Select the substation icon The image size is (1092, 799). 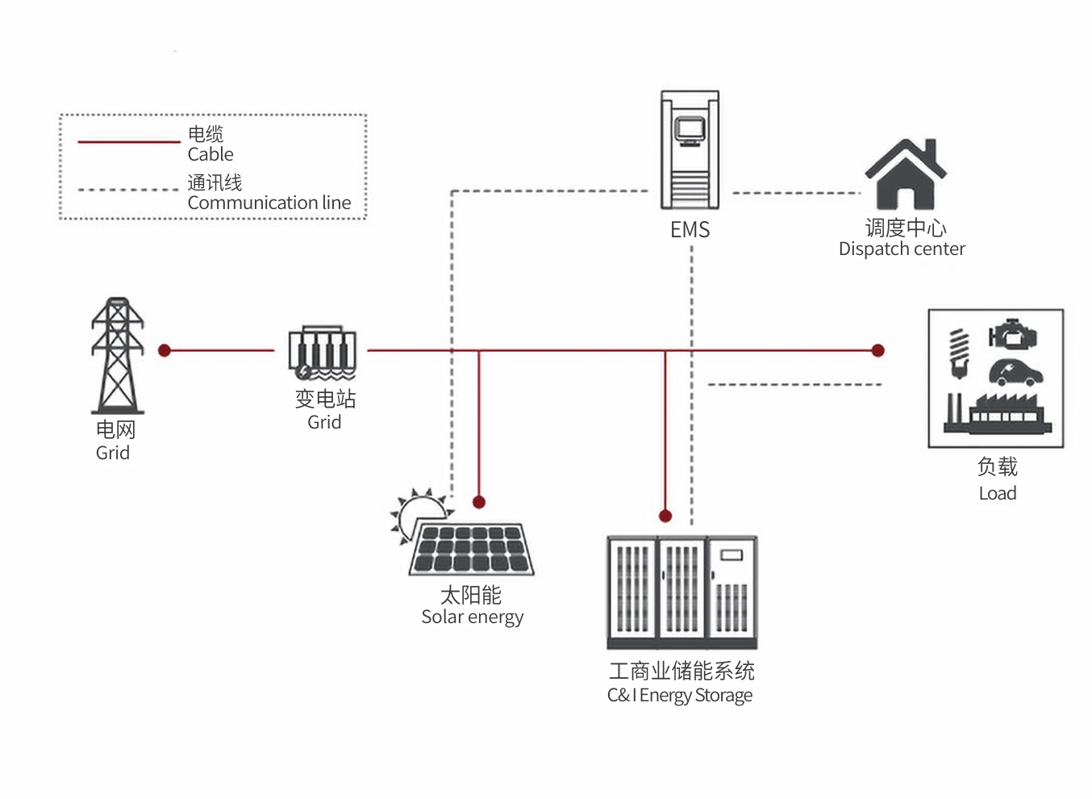pos(323,353)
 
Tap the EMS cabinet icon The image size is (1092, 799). pos(690,151)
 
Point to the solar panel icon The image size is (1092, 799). pos(472,550)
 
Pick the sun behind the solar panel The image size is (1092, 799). pos(420,512)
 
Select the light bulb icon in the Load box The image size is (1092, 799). pos(959,353)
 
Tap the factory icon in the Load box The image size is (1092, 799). pos(998,413)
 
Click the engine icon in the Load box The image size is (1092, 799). pos(1013,333)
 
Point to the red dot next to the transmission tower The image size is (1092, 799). pos(165,350)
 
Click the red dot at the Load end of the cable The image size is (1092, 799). pos(878,350)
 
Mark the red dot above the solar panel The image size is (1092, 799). pos(479,502)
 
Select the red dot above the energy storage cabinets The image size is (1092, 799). pos(665,516)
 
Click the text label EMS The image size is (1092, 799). pos(690,230)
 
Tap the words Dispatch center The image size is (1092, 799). pos(902,249)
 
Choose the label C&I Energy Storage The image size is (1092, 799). pos(680,695)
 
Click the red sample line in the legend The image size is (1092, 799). pos(129,142)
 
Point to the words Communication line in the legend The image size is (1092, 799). pos(269,203)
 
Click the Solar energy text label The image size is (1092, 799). pos(473,617)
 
